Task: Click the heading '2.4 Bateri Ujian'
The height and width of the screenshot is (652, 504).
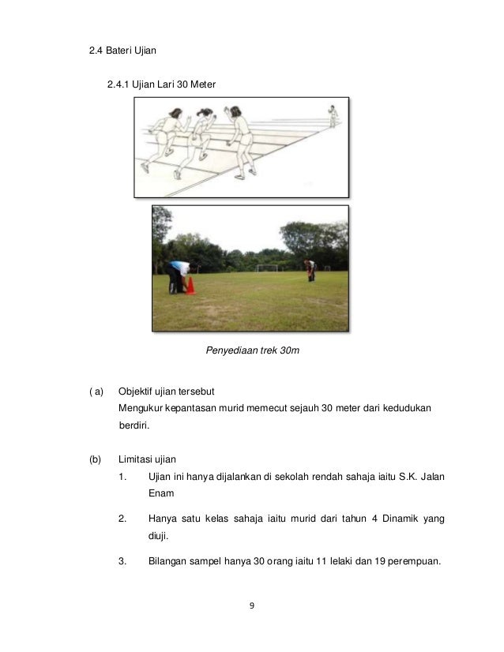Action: (x=122, y=51)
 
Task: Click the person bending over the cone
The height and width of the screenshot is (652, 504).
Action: (x=177, y=275)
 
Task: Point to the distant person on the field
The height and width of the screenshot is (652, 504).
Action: (x=310, y=270)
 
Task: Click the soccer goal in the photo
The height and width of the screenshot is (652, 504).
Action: (x=268, y=268)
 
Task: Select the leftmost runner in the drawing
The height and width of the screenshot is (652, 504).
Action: (x=164, y=138)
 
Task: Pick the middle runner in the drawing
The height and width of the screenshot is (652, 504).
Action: (x=198, y=141)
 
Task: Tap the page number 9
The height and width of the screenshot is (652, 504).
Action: (x=251, y=606)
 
